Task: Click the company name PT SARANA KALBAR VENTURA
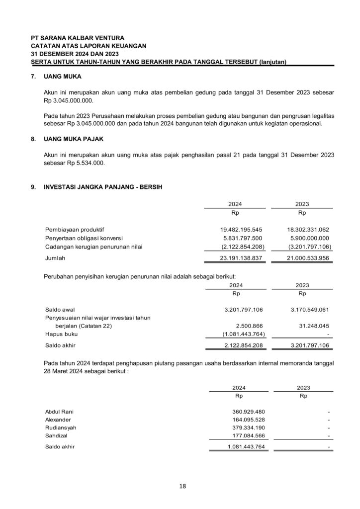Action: (78, 37)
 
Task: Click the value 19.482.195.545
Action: (241, 229)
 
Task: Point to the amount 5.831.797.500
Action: (243, 238)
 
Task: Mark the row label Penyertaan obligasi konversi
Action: (87, 238)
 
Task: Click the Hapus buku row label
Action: (61, 334)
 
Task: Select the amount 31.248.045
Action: (315, 326)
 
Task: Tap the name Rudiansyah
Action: (61, 427)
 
